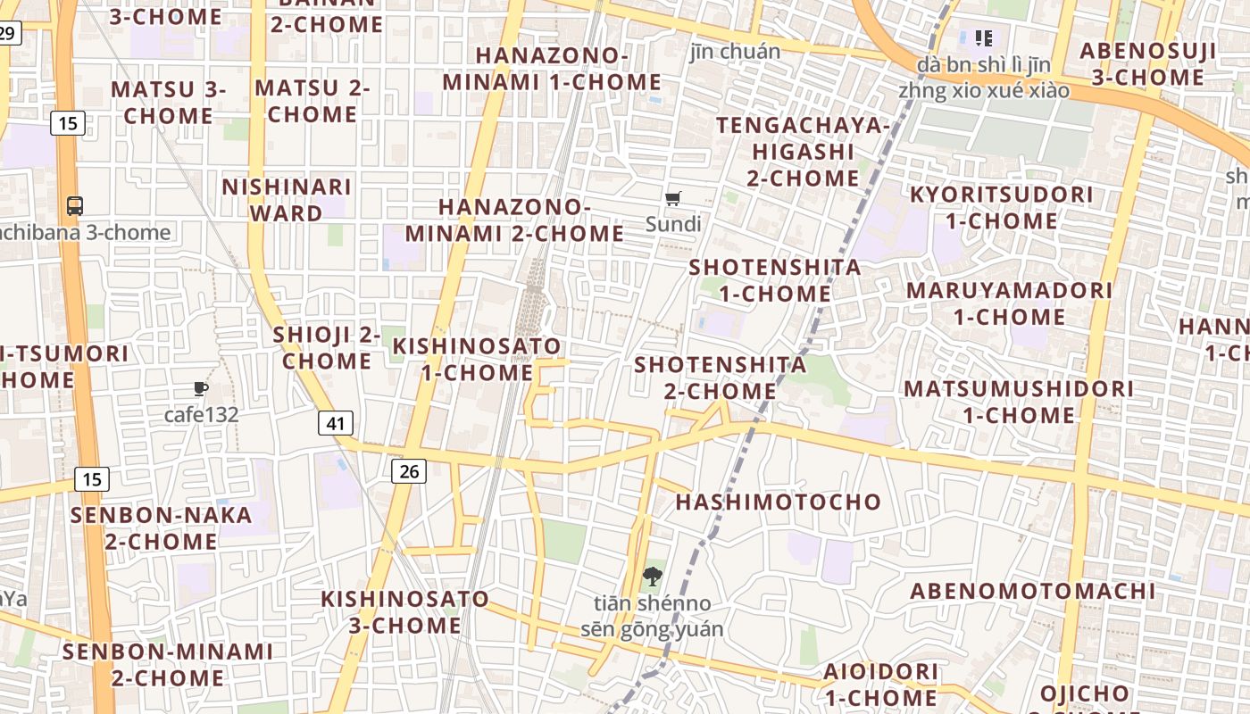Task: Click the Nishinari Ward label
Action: [287, 200]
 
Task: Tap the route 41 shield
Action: [335, 423]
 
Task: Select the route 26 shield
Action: [409, 471]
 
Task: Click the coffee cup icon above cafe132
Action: [201, 388]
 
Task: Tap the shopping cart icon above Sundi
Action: [673, 198]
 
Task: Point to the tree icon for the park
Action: [652, 576]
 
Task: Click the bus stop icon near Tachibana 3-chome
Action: [75, 206]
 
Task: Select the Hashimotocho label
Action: [778, 502]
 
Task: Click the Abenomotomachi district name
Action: [1032, 591]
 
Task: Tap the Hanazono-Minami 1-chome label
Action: [552, 69]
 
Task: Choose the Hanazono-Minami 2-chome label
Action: [514, 220]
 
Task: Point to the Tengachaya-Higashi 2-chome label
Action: [803, 152]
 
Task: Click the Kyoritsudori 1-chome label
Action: [1001, 207]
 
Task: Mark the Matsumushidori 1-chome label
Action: [1018, 402]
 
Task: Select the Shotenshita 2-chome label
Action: [720, 378]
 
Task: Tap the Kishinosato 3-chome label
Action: [404, 611]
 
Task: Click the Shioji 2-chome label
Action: [326, 348]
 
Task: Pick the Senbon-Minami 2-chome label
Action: [167, 664]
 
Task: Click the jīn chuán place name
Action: [735, 51]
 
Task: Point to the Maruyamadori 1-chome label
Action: [1009, 303]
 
